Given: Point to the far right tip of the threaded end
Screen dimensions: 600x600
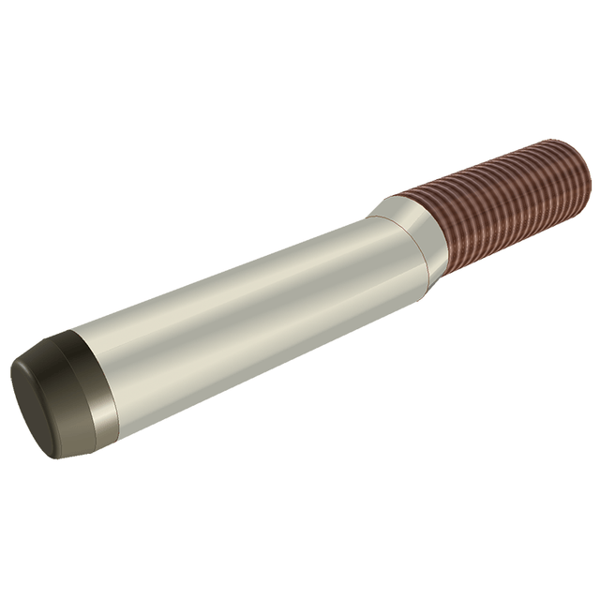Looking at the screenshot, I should pos(590,169).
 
